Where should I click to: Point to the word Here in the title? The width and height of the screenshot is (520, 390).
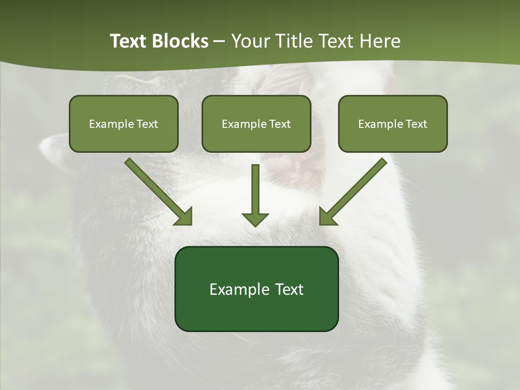(379, 41)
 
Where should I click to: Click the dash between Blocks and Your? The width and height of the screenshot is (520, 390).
(219, 42)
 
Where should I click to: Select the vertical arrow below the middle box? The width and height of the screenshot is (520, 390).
(255, 190)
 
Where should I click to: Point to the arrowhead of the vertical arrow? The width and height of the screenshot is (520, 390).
(255, 219)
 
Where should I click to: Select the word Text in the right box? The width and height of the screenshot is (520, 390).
(417, 124)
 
